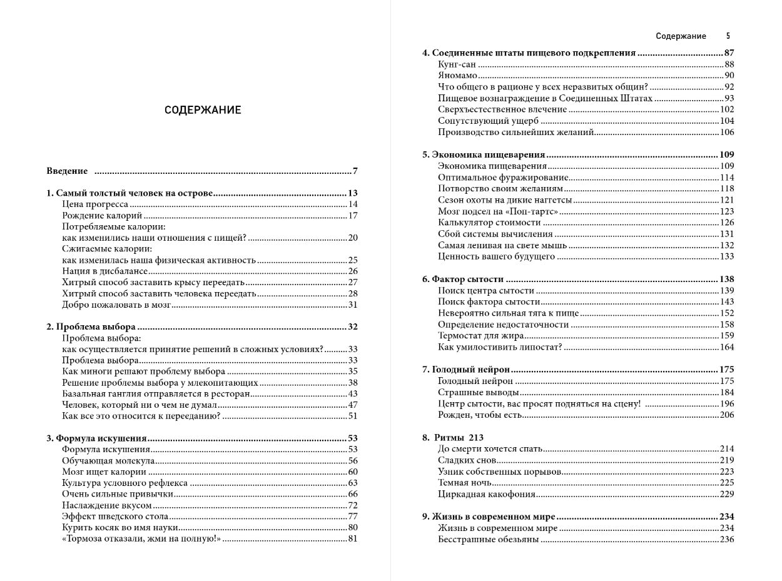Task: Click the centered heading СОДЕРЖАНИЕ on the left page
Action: point(203,110)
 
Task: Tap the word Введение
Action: point(67,171)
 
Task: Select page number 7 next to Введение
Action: point(355,171)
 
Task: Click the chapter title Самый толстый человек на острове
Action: point(135,193)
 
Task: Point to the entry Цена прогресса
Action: point(95,205)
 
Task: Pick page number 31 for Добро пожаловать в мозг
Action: point(352,305)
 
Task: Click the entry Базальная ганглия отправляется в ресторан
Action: point(156,393)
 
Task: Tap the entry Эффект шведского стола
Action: point(115,516)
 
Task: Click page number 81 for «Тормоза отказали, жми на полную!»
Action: point(352,538)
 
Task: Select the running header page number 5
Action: point(728,36)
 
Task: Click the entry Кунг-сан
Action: point(457,64)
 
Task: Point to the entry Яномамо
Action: point(458,76)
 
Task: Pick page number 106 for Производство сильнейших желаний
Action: point(727,132)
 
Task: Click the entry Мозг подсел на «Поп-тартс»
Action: point(489,211)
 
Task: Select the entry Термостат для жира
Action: point(480,336)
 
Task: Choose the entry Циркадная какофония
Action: point(487,494)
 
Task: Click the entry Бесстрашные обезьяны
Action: point(489,539)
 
